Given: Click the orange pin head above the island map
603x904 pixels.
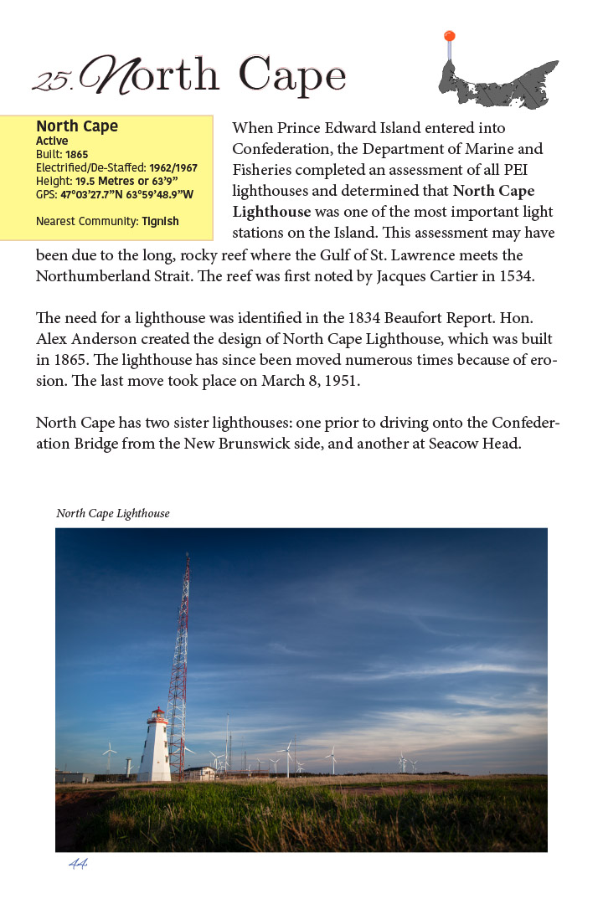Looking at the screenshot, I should click(450, 36).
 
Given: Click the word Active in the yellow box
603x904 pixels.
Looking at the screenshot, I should click(52, 141).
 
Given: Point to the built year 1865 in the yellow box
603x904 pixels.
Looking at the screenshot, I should click(76, 155).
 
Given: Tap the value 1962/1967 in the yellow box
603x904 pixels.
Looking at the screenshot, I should click(173, 168).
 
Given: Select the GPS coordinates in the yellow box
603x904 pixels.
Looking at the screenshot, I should click(126, 195).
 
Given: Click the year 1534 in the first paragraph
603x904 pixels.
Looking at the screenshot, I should click(513, 275).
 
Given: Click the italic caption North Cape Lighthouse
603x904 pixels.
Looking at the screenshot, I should click(113, 513).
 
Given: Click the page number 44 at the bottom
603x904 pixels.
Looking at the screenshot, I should click(78, 864).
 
